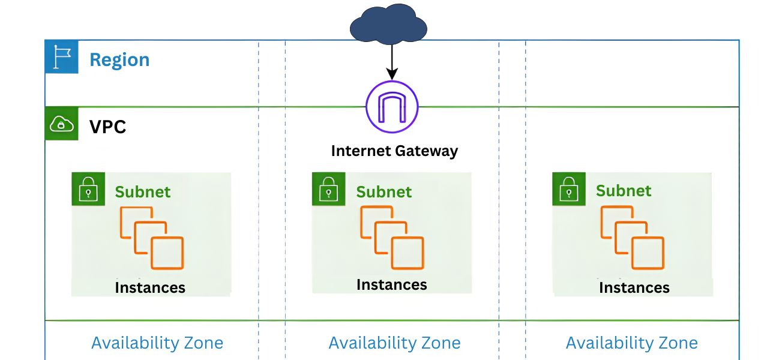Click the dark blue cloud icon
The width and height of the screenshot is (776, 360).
388,24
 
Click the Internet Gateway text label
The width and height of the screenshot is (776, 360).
394,151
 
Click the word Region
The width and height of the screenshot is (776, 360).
119,60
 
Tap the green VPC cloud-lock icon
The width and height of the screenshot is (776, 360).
61,124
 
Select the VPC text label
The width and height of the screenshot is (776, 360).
108,127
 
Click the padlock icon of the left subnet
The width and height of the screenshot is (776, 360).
88,190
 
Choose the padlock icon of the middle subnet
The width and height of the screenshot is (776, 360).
328,190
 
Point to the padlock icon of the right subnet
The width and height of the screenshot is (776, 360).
568,190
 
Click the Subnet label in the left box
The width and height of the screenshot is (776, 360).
143,192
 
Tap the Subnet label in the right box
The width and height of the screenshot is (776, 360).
624,191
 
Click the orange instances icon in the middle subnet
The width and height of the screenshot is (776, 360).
392,236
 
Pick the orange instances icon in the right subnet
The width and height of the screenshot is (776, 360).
632,237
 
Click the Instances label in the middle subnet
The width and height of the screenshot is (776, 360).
392,284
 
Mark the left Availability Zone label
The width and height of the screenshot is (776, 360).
157,343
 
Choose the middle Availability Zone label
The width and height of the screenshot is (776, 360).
394,343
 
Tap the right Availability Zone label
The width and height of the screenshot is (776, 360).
631,343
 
